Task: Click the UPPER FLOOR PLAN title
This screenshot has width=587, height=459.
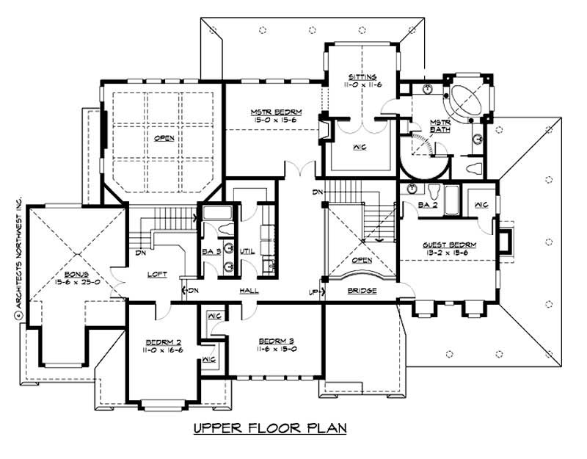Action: coord(269,427)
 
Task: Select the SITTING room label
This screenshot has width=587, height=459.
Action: coord(362,76)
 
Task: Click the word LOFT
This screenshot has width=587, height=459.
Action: coord(156,275)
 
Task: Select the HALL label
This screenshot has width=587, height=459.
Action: coord(249,291)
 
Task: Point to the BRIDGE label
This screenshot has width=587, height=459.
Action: coord(362,292)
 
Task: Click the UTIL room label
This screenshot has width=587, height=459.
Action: coord(247,251)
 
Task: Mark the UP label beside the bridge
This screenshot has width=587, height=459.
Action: coord(314,292)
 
